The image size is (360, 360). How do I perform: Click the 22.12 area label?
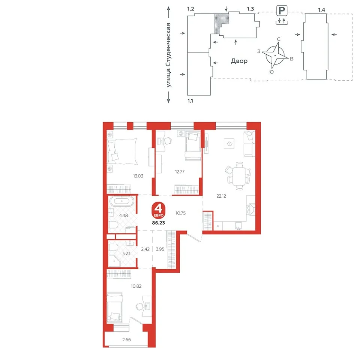click(221, 196)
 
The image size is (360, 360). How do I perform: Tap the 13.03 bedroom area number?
click(138, 176)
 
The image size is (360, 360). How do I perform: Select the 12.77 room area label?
click(180, 171)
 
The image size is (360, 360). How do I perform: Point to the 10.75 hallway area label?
click(180, 213)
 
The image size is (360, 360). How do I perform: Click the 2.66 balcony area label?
click(126, 340)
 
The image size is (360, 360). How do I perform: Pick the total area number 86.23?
click(158, 223)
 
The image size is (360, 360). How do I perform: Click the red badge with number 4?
click(158, 210)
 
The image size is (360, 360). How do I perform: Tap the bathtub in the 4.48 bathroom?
click(121, 201)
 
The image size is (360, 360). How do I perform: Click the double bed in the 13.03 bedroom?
click(122, 151)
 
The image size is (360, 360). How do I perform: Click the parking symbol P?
click(282, 10)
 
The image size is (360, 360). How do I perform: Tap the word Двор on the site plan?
click(239, 61)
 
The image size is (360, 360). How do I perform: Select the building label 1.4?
click(321, 10)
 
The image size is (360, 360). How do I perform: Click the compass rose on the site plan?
click(275, 55)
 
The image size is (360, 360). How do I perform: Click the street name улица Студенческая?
click(169, 55)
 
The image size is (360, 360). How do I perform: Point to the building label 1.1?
click(190, 101)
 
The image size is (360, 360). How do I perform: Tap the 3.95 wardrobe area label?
click(160, 249)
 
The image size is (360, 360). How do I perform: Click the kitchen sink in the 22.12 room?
click(238, 226)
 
